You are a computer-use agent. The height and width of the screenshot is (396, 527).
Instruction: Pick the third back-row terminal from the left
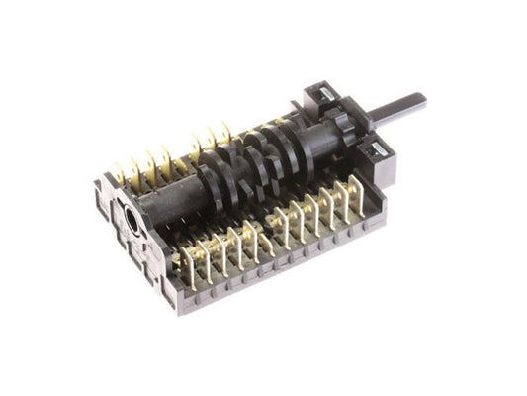(154, 160)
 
